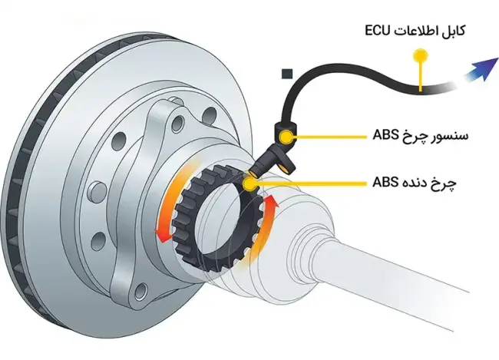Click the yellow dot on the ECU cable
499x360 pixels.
[418, 55]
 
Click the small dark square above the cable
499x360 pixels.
[287, 74]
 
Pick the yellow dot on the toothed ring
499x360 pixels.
[249, 183]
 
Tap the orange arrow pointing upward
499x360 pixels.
[267, 223]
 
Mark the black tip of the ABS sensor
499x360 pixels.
[262, 166]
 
